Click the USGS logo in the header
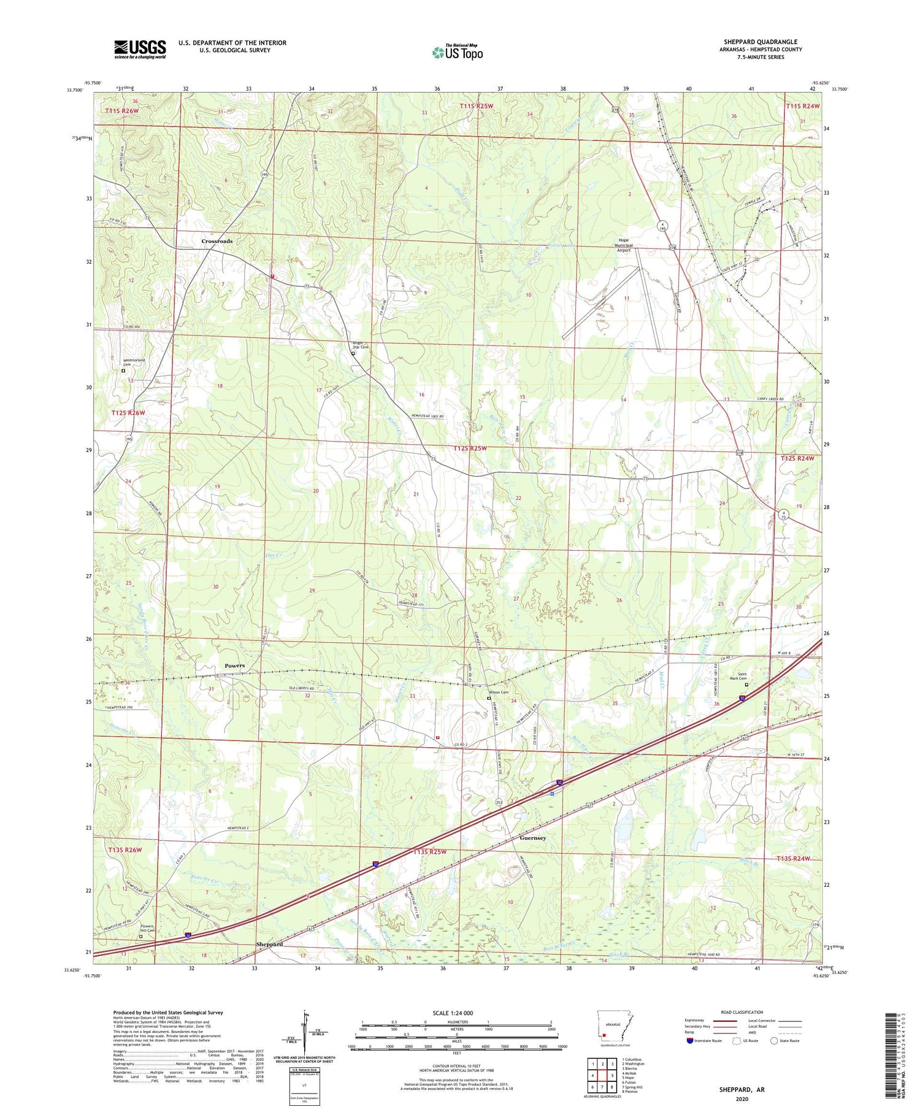(140, 49)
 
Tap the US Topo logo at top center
(457, 52)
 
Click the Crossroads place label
(217, 241)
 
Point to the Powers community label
(234, 665)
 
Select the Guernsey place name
(532, 838)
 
